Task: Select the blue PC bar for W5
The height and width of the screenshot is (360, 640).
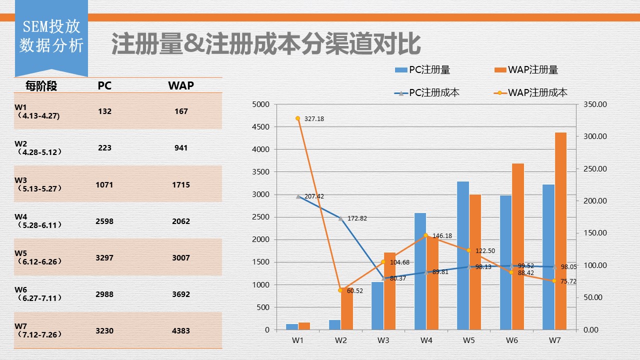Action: point(463,255)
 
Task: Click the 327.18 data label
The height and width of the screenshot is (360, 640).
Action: point(314,119)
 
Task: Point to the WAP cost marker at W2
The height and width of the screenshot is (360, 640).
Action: point(340,290)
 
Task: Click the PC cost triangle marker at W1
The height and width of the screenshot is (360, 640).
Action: point(298,196)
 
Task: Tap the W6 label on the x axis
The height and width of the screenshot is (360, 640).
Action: point(511,340)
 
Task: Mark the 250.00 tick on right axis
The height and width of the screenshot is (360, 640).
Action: point(595,168)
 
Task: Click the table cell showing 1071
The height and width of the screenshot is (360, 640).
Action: point(104,184)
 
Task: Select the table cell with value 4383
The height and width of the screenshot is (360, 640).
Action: point(181,330)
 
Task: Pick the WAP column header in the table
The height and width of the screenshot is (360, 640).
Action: point(181,85)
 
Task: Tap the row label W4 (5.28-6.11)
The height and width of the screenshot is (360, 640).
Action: point(38,220)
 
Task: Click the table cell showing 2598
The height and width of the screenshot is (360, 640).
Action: point(104,221)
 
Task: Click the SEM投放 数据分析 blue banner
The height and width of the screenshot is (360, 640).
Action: point(51,36)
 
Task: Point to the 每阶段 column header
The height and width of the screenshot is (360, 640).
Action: point(41,86)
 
